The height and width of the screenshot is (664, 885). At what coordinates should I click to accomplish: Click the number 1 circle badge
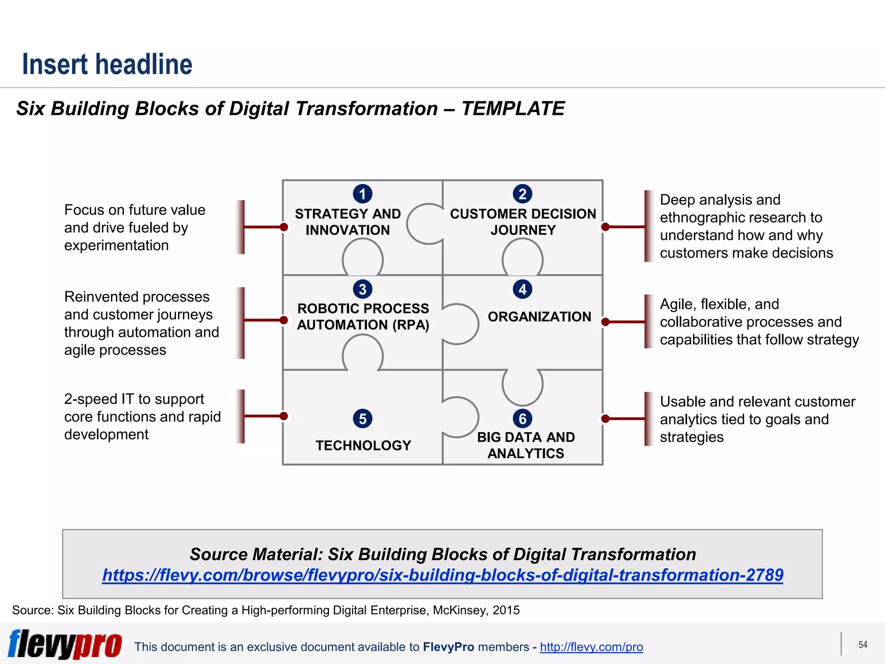363,194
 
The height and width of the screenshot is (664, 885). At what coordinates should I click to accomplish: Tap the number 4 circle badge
522,289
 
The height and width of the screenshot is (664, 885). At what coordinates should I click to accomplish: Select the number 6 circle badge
522,418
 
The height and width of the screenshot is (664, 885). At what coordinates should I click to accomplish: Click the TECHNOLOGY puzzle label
363,445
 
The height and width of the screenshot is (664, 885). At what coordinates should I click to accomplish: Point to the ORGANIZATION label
539,316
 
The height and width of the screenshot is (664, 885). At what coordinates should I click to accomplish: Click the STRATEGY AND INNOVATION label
348,222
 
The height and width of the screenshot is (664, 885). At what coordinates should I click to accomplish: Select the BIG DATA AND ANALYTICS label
525,445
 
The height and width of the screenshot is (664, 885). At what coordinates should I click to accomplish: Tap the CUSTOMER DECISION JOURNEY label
523,222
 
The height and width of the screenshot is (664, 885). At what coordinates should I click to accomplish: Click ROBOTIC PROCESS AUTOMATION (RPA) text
363,316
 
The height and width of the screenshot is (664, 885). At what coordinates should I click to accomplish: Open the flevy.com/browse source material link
442,575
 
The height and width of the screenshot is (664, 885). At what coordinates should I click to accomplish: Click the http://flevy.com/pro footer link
591,647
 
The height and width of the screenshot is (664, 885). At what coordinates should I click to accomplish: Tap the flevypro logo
65,644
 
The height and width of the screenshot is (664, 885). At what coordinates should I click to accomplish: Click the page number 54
863,645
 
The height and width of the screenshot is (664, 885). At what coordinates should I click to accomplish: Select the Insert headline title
107,64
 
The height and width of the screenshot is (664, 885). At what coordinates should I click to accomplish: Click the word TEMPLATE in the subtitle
513,109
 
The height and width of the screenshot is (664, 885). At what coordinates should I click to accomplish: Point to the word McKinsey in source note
460,610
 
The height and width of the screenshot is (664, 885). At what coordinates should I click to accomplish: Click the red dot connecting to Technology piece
284,416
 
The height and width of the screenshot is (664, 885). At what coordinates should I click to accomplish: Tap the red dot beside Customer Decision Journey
605,227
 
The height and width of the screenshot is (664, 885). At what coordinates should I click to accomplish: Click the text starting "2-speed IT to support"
142,416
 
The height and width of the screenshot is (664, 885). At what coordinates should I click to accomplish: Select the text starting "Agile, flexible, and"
759,322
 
